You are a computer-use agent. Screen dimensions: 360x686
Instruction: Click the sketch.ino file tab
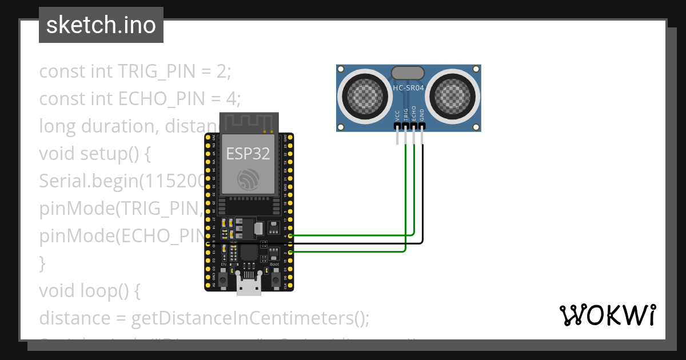(x=101, y=25)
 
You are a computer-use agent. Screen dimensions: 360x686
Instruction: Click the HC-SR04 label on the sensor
(x=408, y=88)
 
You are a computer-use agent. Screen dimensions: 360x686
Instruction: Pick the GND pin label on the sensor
(x=422, y=114)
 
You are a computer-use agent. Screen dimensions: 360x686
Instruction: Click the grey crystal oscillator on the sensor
(x=408, y=73)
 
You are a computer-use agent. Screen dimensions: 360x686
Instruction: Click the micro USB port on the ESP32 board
(x=249, y=285)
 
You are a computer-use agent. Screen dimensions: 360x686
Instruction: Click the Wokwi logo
(x=608, y=315)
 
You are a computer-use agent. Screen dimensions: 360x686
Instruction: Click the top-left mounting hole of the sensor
(x=341, y=70)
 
